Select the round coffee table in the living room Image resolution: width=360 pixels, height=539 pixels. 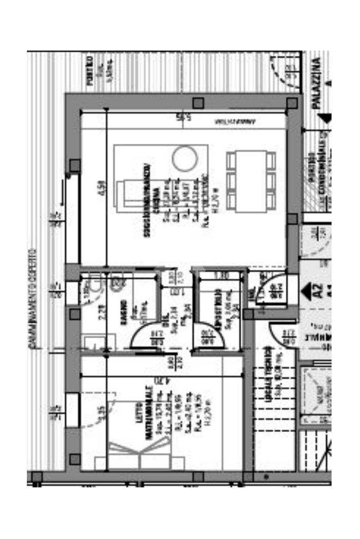[x=185, y=158]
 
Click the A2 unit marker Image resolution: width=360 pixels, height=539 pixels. [x=317, y=290]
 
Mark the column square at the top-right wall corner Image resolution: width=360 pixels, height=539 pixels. [x=291, y=103]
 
